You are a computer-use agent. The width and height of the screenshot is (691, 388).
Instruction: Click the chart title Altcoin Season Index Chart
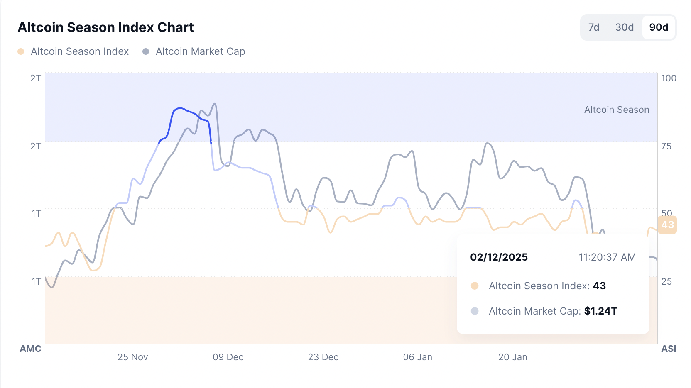(105, 27)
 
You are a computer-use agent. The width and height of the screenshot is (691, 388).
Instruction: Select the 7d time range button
(594, 27)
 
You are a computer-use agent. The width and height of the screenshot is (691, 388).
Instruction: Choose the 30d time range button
(624, 27)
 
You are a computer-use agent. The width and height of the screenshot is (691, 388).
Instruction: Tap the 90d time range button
(659, 27)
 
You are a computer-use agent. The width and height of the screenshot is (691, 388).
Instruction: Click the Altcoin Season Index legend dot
(21, 51)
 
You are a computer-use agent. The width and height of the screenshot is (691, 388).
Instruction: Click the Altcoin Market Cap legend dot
(146, 51)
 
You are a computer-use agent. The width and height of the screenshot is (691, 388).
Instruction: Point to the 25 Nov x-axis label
(132, 357)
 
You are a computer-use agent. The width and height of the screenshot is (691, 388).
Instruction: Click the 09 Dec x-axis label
(228, 357)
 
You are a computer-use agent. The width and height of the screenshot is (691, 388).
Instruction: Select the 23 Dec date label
(323, 357)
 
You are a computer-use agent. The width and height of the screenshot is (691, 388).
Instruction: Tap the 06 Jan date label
(417, 357)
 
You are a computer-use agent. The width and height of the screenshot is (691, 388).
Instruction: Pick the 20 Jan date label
(512, 357)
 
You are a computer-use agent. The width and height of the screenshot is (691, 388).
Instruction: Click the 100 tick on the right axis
(669, 78)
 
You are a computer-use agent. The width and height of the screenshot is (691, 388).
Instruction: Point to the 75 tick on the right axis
(666, 146)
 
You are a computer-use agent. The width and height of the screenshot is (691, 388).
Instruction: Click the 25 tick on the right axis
(666, 281)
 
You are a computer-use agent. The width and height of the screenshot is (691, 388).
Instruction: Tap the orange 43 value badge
(667, 225)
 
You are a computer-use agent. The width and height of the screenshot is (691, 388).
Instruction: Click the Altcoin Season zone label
(616, 110)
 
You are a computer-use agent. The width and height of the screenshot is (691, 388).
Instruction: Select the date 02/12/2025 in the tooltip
(499, 257)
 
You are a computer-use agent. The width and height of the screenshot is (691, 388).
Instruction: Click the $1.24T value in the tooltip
(600, 311)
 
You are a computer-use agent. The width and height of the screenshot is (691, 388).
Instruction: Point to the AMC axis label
(30, 349)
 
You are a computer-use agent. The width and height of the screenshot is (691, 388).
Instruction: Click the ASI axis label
(669, 349)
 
